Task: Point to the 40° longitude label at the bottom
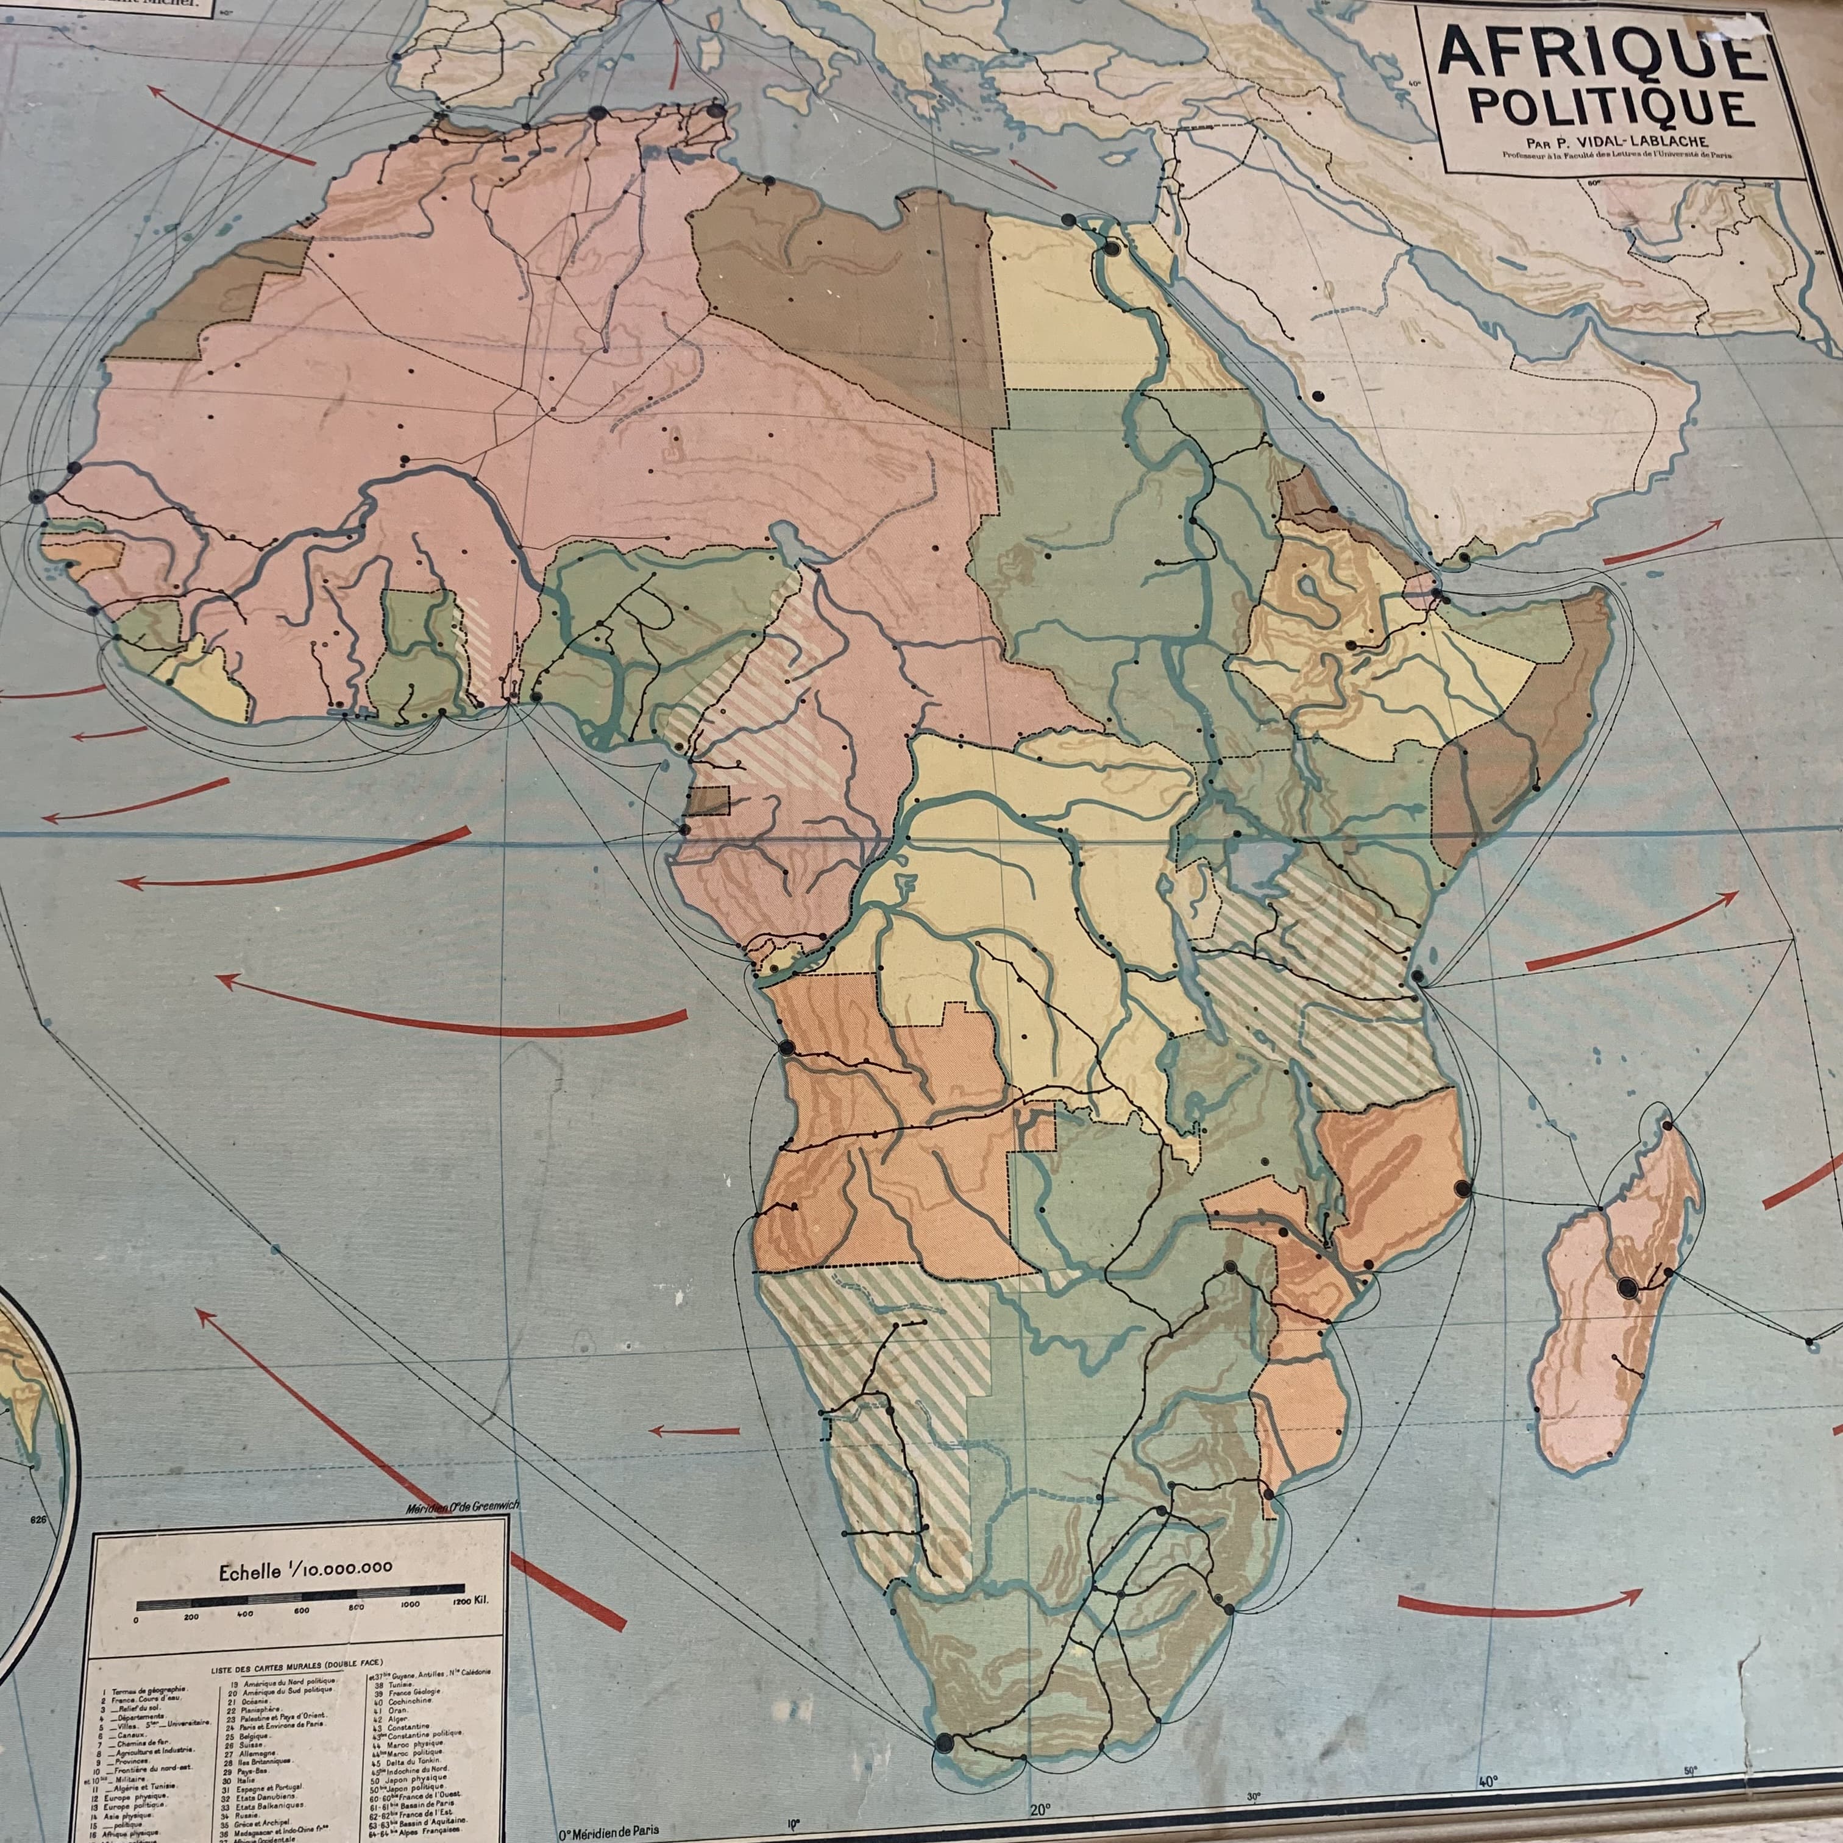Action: click(1488, 1780)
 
